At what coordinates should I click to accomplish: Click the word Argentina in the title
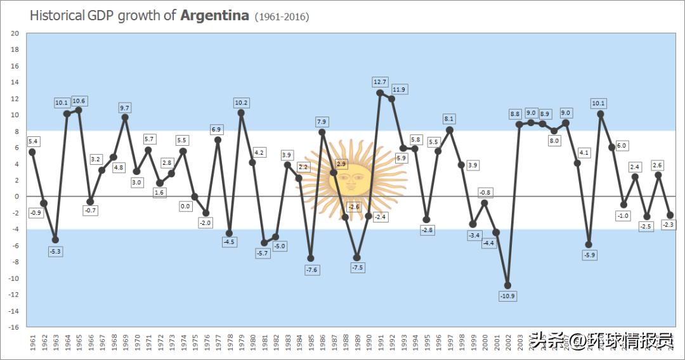tap(214, 16)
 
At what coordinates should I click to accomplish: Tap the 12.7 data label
tap(380, 82)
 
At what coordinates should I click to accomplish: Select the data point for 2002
tap(507, 285)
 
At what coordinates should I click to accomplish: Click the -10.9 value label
tap(507, 296)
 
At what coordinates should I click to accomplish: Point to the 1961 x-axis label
tap(32, 342)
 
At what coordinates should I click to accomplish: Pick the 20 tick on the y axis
tap(15, 34)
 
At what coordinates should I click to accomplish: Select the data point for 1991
tap(380, 93)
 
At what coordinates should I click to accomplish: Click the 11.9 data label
tap(399, 89)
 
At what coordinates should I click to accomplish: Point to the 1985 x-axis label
tap(310, 342)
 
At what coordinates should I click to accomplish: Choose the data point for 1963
tap(55, 240)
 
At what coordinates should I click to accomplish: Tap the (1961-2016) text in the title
tap(282, 17)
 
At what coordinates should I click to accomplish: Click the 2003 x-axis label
tap(519, 342)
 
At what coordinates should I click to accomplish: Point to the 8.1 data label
tap(450, 119)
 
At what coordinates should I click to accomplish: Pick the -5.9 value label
tap(589, 255)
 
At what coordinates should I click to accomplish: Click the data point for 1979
tap(241, 113)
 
